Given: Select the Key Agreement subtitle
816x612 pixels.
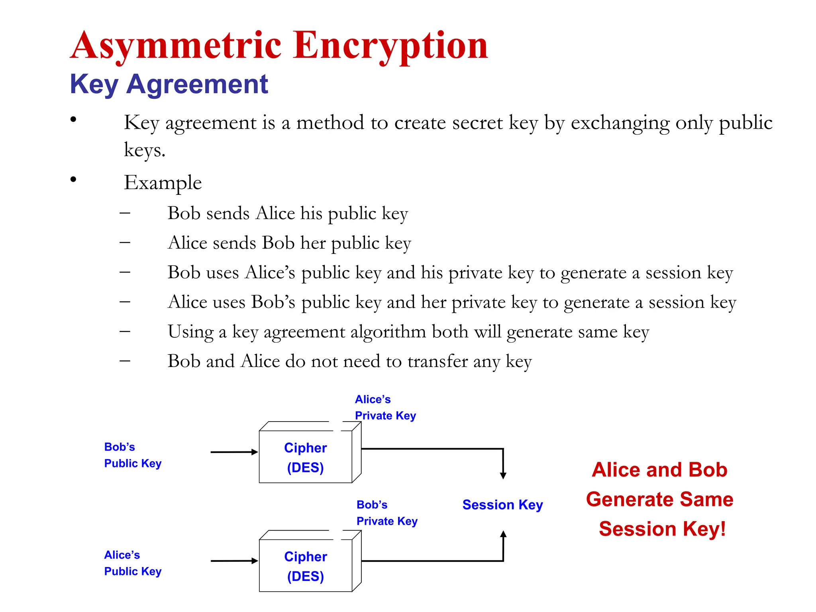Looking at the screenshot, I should (x=169, y=84).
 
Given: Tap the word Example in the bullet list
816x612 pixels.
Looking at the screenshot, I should (x=163, y=182).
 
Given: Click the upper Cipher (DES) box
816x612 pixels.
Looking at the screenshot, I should (x=306, y=457).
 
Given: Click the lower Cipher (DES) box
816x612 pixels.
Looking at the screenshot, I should (x=306, y=566).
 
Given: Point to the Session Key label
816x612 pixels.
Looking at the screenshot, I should (x=502, y=505).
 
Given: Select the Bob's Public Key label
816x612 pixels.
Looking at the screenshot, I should (x=132, y=455).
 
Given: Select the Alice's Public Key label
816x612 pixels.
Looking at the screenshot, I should (x=132, y=563).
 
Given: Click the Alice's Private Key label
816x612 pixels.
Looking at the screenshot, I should (x=385, y=407).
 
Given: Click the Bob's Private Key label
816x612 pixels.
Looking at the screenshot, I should (x=386, y=513).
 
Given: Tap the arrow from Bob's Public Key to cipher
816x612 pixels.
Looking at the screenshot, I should (x=234, y=452).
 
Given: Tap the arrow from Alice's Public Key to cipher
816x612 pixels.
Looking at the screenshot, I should (x=234, y=561).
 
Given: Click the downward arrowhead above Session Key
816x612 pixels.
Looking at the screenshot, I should (x=503, y=475).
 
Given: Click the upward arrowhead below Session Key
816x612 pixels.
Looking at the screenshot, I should (x=503, y=534).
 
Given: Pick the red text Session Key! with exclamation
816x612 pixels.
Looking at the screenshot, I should (x=662, y=529).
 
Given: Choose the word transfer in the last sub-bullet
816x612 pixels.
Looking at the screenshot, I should (x=437, y=361).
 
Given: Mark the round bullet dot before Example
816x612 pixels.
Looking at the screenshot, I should (x=73, y=180).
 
